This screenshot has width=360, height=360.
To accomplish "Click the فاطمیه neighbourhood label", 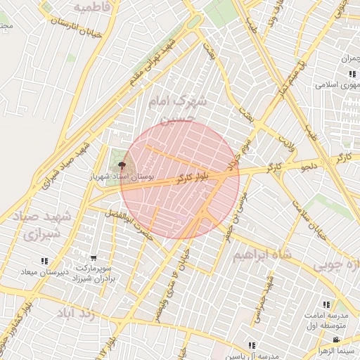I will pyautogui.click(x=91, y=8).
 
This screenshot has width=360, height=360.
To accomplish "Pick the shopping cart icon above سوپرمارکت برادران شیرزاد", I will pyautogui.click(x=94, y=257).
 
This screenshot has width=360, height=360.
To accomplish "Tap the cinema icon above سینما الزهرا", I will pyautogui.click(x=335, y=340).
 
